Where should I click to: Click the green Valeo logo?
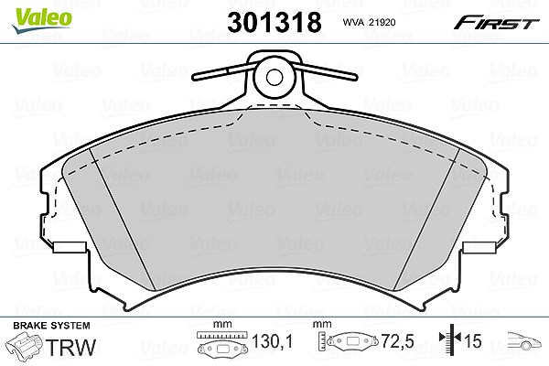pos(41,20)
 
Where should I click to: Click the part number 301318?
pos(274,22)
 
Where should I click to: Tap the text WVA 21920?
pos(369,22)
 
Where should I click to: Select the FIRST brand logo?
pos(496,23)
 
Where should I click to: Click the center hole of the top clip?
pos(274,77)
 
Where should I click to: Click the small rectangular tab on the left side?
pos(70,247)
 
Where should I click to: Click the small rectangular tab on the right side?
pos(479,247)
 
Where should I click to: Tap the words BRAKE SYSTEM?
pos(51,326)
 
